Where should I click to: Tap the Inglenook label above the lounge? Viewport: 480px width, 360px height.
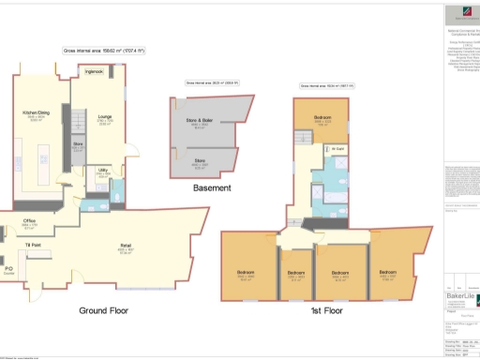[x=94, y=71]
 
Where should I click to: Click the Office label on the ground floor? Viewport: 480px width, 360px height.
[x=30, y=221]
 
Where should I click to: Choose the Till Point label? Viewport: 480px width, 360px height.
[x=33, y=244]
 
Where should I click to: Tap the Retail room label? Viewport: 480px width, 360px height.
[x=124, y=247]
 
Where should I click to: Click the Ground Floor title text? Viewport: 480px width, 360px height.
[x=103, y=310]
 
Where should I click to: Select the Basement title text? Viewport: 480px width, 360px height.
[x=212, y=187]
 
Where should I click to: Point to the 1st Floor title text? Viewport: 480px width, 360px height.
[x=332, y=308]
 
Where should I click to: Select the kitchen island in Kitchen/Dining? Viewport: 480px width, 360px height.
[x=45, y=156]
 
